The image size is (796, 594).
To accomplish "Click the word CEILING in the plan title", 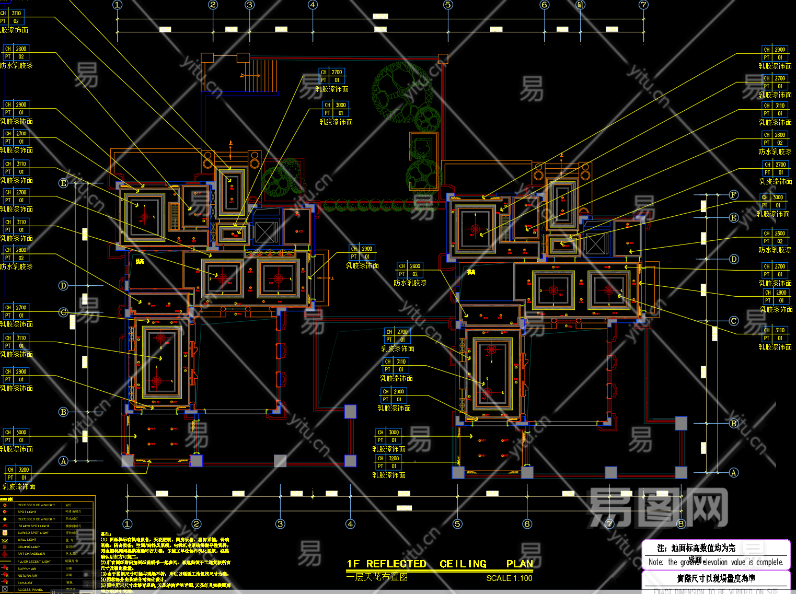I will (x=463, y=564).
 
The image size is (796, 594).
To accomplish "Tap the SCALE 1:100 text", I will (x=509, y=578).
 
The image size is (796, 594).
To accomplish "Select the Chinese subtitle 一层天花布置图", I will (x=377, y=577).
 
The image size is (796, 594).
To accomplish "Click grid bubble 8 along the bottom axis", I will (x=680, y=523).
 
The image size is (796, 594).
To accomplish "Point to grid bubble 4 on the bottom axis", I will (x=350, y=523).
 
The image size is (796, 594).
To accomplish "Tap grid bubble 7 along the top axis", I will (x=643, y=5).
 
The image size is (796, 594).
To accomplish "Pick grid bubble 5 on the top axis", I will (x=448, y=5).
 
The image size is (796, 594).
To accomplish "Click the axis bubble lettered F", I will (x=734, y=195).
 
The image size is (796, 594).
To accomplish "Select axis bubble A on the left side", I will (x=63, y=461).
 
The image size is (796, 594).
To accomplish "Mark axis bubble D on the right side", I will (x=734, y=259).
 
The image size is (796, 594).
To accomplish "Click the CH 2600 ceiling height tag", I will (x=775, y=234).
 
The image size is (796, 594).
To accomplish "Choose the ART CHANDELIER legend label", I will (x=31, y=554).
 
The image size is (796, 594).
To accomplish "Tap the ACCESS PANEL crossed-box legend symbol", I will (x=5, y=589).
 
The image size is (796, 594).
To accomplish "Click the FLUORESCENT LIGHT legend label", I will (x=34, y=562).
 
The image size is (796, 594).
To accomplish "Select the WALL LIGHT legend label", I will (x=27, y=540).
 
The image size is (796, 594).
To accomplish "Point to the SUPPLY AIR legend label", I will (x=27, y=568).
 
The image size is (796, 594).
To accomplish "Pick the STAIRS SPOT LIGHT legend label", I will (x=33, y=526).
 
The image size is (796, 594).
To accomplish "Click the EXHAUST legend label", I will (x=25, y=583).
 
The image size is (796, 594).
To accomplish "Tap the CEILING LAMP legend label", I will (x=28, y=547).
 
